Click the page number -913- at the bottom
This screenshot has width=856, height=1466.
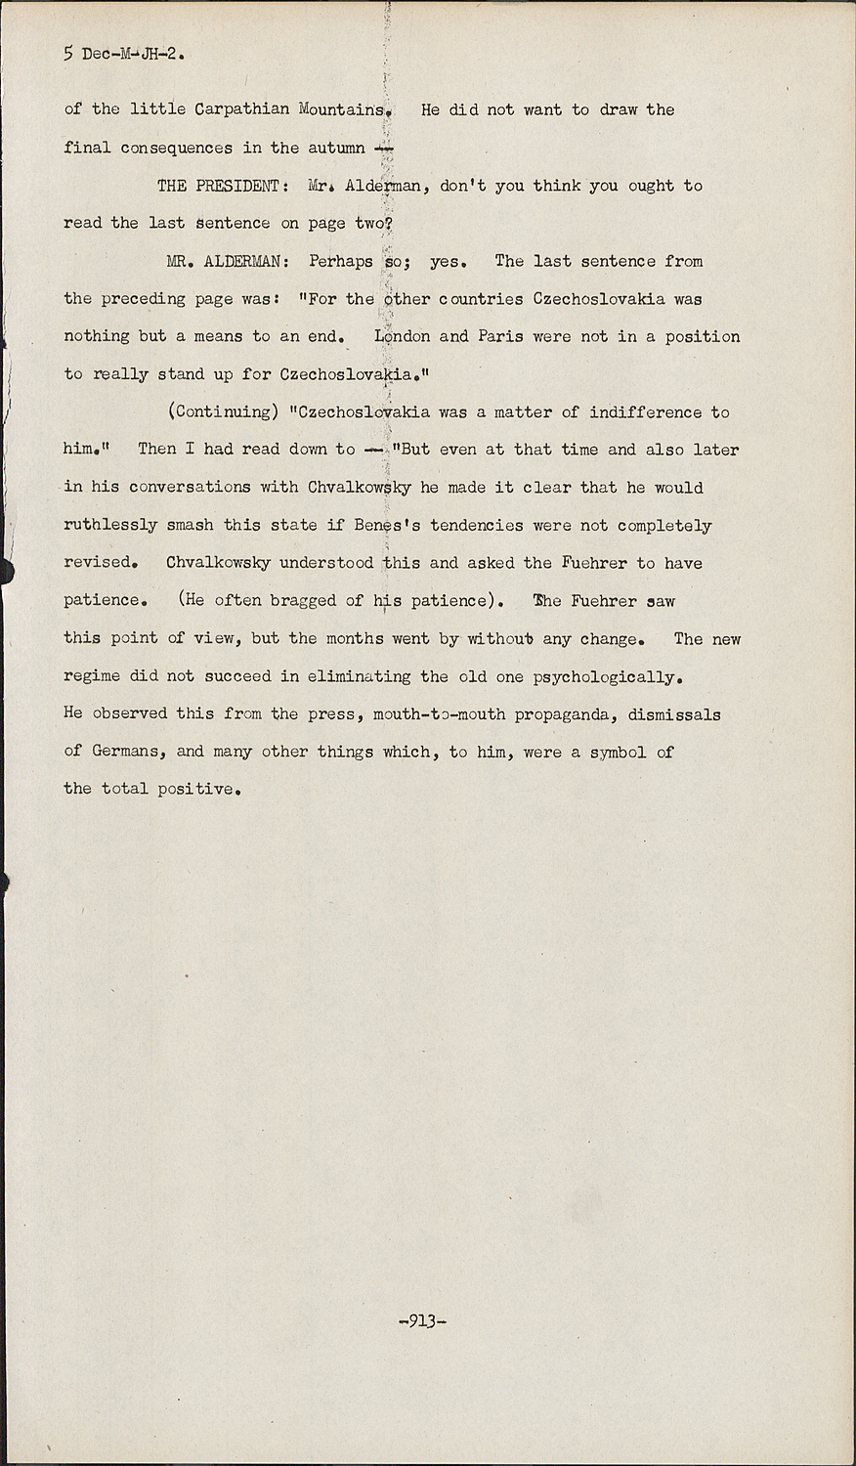(423, 1321)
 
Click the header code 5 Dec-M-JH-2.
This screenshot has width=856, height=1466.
(124, 54)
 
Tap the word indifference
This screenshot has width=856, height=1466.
(645, 412)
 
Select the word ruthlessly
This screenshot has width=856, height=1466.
(110, 525)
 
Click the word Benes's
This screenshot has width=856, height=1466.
(387, 525)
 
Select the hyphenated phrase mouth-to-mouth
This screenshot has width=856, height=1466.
(440, 714)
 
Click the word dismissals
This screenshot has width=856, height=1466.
(674, 714)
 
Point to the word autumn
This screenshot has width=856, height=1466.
(336, 149)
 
